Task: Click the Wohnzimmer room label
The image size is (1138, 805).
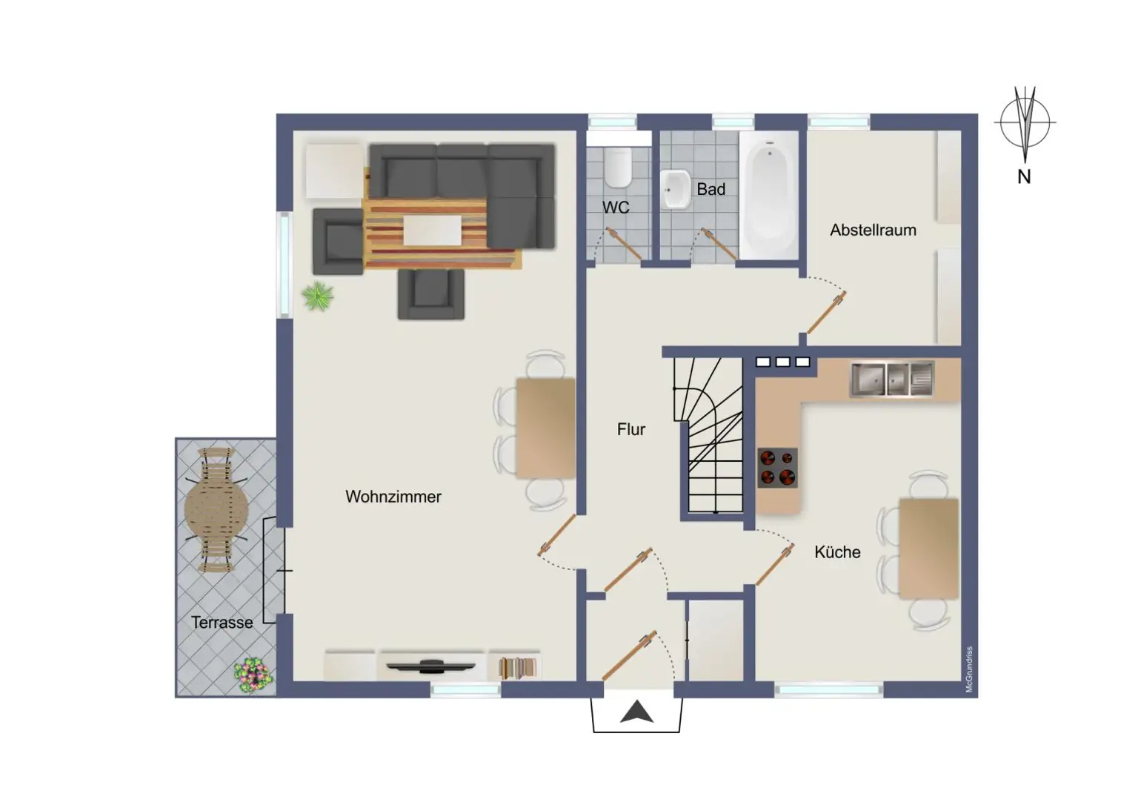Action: [x=393, y=497]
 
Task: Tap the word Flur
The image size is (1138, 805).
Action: [x=630, y=429]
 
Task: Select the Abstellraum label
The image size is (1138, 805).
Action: [x=873, y=231]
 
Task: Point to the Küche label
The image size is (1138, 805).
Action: [x=837, y=552]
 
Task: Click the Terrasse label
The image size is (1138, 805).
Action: [x=222, y=623]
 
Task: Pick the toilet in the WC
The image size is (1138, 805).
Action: [x=617, y=168]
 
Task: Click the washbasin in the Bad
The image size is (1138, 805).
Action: [x=675, y=189]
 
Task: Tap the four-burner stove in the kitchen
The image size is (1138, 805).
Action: [x=777, y=467]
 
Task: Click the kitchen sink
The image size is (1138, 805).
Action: [x=891, y=379]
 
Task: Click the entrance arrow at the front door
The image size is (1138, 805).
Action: [x=636, y=713]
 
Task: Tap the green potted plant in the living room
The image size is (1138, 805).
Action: [x=318, y=297]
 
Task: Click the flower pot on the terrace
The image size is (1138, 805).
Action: [x=253, y=675]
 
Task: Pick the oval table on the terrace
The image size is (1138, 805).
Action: [x=217, y=509]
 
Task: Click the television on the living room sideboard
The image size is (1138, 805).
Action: [x=432, y=665]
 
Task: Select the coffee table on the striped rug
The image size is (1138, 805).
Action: [x=431, y=229]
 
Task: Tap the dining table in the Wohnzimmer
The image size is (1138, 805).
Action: [x=545, y=428]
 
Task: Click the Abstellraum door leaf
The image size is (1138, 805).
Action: [x=827, y=313]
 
